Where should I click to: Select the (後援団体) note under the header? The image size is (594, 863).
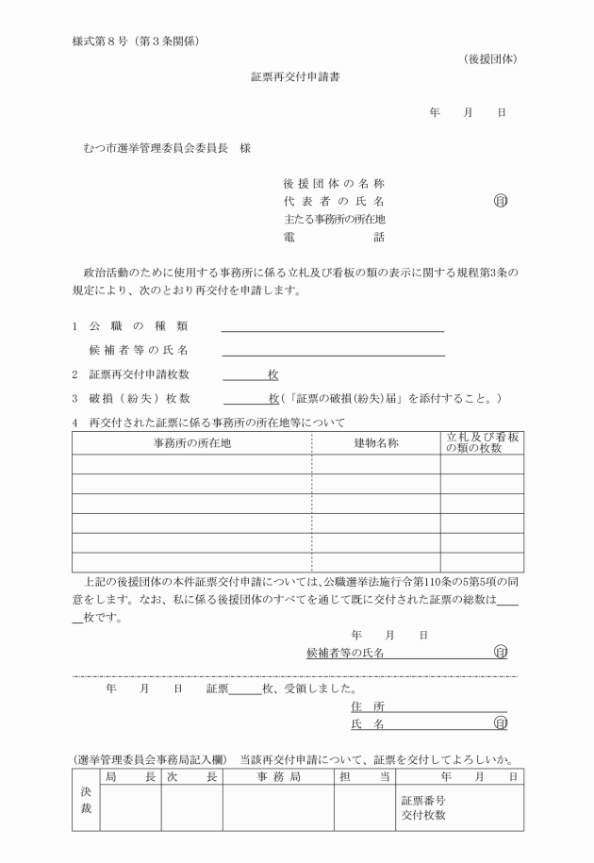[x=490, y=59]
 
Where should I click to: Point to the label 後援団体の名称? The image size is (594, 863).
[x=334, y=183]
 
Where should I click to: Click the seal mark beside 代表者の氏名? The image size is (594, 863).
[x=500, y=201]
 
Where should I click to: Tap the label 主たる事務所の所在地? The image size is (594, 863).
[x=334, y=219]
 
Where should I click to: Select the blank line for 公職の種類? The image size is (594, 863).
[x=332, y=328]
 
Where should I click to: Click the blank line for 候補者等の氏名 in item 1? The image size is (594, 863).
[x=333, y=352]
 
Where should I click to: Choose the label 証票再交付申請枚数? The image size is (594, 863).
[x=140, y=374]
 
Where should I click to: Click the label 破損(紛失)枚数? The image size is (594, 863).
[x=140, y=399]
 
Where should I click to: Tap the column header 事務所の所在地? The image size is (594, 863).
[x=191, y=442]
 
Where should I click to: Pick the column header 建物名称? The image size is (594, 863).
[x=376, y=442]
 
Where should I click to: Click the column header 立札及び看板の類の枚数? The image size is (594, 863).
[x=482, y=442]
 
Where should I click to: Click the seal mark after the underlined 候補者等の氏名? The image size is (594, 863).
[x=500, y=652]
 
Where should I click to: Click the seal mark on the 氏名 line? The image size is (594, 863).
[x=500, y=723]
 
